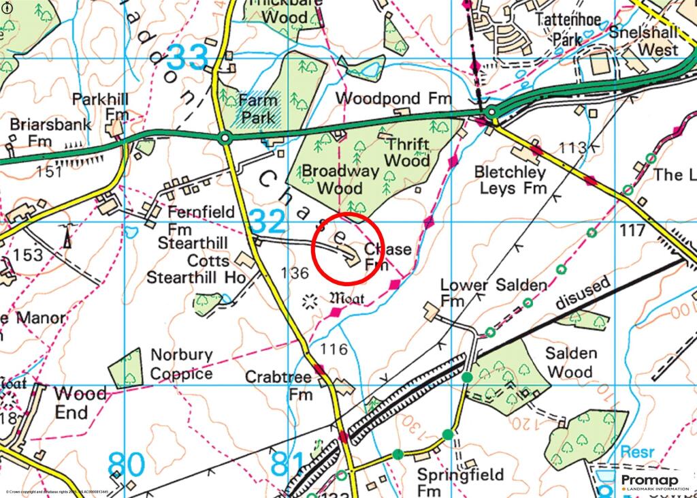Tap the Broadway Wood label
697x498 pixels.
pos(340,179)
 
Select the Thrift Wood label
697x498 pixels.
pos(408,153)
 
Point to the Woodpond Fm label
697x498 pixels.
pos(393,99)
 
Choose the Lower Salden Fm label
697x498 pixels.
pos(493,292)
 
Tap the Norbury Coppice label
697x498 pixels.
pos(181,364)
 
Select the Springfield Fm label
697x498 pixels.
pos(460,482)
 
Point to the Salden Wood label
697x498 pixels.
pos(571,362)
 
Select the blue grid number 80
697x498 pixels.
pos(126,465)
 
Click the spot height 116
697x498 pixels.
pos(333,349)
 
